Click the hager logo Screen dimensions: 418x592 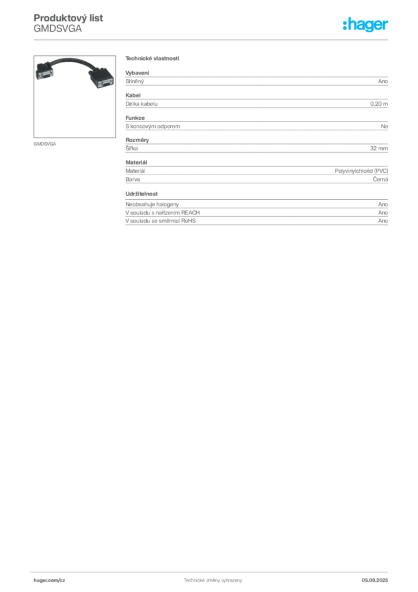365,25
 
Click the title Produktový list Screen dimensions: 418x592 68,18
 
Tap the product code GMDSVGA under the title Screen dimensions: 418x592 58,29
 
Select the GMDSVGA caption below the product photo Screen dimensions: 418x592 45,144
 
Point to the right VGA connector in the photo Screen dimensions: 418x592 102,78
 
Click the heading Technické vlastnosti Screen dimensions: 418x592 152,58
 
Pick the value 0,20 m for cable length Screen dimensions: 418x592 379,104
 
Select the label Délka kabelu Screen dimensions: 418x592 141,104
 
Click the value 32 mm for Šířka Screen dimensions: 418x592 379,149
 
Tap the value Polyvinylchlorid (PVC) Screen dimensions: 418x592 361,171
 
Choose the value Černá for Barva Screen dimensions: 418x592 380,179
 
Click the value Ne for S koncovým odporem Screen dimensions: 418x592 385,126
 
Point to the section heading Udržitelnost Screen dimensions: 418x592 141,194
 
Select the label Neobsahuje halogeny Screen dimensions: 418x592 152,204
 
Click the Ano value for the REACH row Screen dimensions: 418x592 383,213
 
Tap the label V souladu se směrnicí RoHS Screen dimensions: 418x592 161,221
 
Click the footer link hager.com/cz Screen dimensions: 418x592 50,580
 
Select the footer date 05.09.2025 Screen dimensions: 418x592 375,580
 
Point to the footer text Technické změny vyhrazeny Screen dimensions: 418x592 213,580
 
